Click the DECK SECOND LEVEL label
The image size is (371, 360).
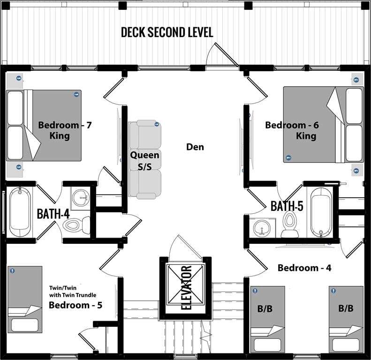pyautogui.click(x=167, y=32)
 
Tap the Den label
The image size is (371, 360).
pyautogui.click(x=195, y=147)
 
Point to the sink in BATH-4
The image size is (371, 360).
pyautogui.click(x=81, y=198)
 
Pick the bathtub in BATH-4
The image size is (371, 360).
pyautogui.click(x=20, y=212)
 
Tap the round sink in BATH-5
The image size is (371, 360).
pyautogui.click(x=262, y=228)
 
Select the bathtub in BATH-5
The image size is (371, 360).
pyautogui.click(x=320, y=213)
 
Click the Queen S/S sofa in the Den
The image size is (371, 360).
pyautogui.click(x=145, y=159)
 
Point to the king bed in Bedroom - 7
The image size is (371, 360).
pyautogui.click(x=44, y=125)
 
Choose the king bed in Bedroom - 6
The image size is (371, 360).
pyautogui.click(x=324, y=124)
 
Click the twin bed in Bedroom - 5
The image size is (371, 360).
pyautogui.click(x=25, y=300)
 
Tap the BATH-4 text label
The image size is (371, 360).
pyautogui.click(x=53, y=214)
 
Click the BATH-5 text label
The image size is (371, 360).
pyautogui.click(x=287, y=206)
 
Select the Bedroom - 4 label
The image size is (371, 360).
pyautogui.click(x=304, y=268)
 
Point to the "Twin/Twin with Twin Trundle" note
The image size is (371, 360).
pyautogui.click(x=73, y=292)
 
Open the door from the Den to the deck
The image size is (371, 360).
pyautogui.click(x=222, y=54)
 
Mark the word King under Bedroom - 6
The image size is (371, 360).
pyautogui.click(x=306, y=136)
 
